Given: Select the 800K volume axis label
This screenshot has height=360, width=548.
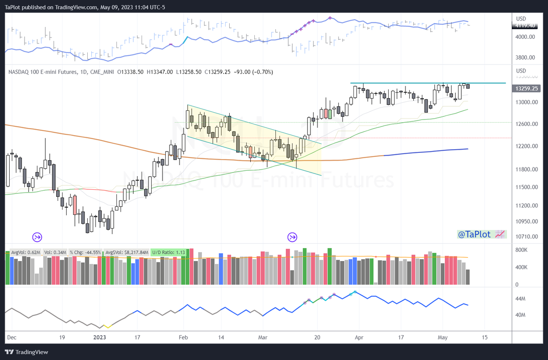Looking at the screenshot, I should point(522,250).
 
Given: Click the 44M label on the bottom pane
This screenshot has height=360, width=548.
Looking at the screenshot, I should point(521,299).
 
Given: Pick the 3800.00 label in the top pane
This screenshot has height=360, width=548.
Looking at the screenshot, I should point(525,57).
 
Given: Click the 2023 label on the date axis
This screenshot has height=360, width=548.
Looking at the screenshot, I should point(100,337).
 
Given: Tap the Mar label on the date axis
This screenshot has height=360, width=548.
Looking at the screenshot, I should point(263,337).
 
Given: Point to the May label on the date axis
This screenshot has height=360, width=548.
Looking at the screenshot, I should point(442,337).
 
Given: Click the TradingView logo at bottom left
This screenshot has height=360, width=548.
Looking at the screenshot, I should point(28,352).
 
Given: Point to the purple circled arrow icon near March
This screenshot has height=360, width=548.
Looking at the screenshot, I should point(292,237).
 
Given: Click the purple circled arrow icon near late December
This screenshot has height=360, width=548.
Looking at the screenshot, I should point(37,237).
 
